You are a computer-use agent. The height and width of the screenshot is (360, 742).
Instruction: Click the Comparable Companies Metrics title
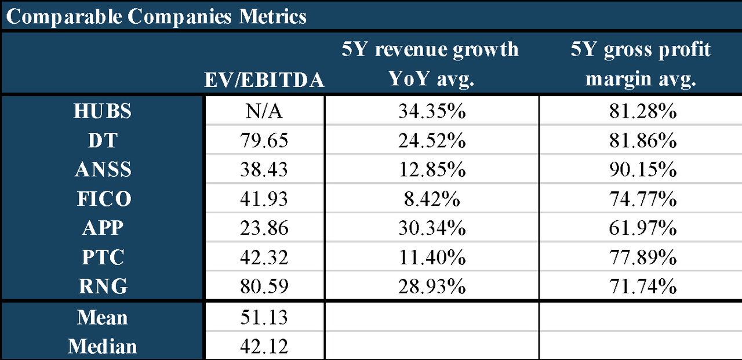click(156, 16)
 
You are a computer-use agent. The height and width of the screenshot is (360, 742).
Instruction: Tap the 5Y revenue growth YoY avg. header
click(431, 64)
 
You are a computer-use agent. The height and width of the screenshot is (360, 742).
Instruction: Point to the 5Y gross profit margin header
click(640, 64)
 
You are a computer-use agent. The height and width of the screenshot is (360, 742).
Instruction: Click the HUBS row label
click(103, 111)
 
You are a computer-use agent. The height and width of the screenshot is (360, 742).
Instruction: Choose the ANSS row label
click(103, 170)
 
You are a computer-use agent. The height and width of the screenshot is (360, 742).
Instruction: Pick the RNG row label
click(103, 286)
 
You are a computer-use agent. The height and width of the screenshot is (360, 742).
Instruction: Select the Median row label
click(103, 347)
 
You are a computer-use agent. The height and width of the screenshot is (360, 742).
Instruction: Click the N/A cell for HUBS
click(264, 111)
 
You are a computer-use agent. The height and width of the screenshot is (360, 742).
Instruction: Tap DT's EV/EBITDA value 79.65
click(264, 141)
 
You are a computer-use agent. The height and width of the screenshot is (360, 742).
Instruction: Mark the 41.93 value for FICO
click(264, 199)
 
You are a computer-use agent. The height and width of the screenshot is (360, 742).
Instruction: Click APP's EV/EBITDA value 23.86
click(264, 228)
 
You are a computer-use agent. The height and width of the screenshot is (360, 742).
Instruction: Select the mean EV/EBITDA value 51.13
click(264, 318)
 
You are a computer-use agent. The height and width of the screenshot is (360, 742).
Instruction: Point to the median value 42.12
click(264, 347)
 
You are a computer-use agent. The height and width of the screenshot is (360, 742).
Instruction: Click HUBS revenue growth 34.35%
click(431, 111)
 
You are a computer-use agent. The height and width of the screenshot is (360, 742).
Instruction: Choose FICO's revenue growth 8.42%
click(431, 199)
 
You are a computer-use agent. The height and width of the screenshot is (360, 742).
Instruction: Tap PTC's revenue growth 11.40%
click(431, 257)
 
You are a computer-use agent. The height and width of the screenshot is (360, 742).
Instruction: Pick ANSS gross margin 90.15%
click(640, 170)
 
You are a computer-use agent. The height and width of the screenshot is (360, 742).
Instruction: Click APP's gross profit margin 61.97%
click(640, 228)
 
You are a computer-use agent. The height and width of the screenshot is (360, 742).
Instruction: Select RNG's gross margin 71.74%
click(640, 286)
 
